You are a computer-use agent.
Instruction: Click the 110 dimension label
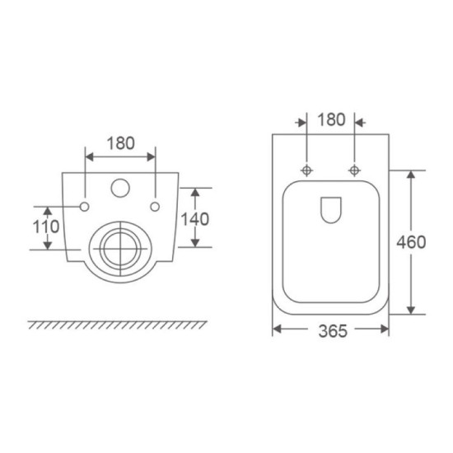point(46,226)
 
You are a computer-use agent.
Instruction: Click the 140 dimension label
point(194,219)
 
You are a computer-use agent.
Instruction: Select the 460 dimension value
point(411,242)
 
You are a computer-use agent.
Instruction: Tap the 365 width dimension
point(333,331)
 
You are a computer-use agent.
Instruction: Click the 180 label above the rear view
point(121,143)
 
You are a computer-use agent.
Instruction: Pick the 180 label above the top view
point(331,119)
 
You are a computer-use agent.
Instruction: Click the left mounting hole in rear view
point(84,207)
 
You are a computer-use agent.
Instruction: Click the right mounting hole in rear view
point(155,207)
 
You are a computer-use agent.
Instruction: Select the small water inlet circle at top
point(120,188)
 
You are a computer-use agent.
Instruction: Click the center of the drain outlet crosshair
point(120,249)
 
